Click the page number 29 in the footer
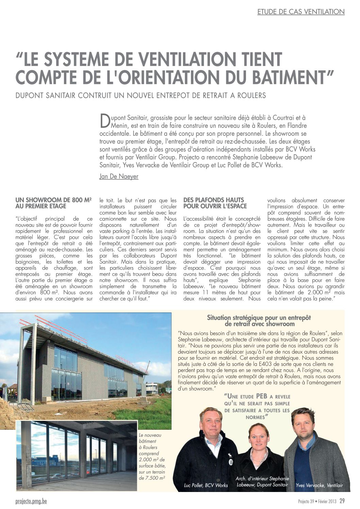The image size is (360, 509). click(x=342, y=501)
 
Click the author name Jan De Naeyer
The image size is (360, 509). click(x=119, y=177)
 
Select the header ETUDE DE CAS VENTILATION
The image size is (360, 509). click(x=301, y=12)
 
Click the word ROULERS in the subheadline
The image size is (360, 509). click(x=252, y=96)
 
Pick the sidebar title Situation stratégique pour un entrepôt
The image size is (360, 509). click(x=259, y=317)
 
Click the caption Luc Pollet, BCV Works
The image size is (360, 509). click(x=206, y=485)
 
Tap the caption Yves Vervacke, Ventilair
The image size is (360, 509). click(x=319, y=485)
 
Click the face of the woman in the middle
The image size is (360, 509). click(x=259, y=437)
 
